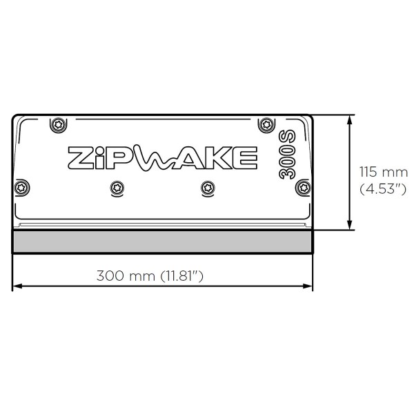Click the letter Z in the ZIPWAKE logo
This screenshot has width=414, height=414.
(81, 158)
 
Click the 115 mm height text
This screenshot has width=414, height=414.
(384, 172)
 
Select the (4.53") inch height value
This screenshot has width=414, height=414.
(384, 188)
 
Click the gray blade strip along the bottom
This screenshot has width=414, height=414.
(164, 241)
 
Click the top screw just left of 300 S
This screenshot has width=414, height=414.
(266, 124)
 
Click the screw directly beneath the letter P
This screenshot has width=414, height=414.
(116, 187)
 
